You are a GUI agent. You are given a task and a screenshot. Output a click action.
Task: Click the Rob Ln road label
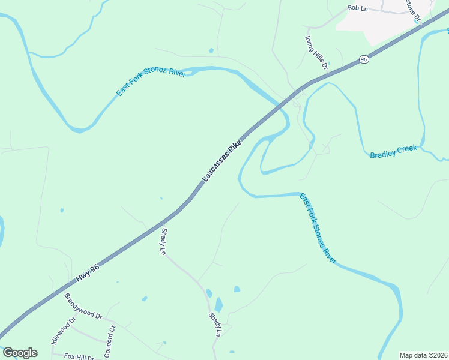[357, 8]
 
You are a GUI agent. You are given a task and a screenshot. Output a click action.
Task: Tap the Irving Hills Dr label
[316, 51]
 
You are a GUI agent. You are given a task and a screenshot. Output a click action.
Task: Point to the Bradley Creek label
[393, 151]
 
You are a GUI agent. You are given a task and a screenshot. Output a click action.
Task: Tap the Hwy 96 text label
[87, 274]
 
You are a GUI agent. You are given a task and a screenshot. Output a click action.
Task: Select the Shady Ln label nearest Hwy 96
[163, 242]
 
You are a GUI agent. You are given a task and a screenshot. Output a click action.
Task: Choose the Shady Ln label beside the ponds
[215, 324]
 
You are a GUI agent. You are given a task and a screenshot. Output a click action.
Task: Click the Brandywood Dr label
[83, 307]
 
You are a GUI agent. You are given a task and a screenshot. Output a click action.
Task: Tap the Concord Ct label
[110, 339]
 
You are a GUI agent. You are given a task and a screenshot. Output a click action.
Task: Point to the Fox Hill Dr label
[80, 357]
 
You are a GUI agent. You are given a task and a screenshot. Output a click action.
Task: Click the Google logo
[20, 353]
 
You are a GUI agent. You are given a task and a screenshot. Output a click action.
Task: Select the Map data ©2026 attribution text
[423, 355]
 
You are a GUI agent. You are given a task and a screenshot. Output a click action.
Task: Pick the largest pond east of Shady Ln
[218, 305]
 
